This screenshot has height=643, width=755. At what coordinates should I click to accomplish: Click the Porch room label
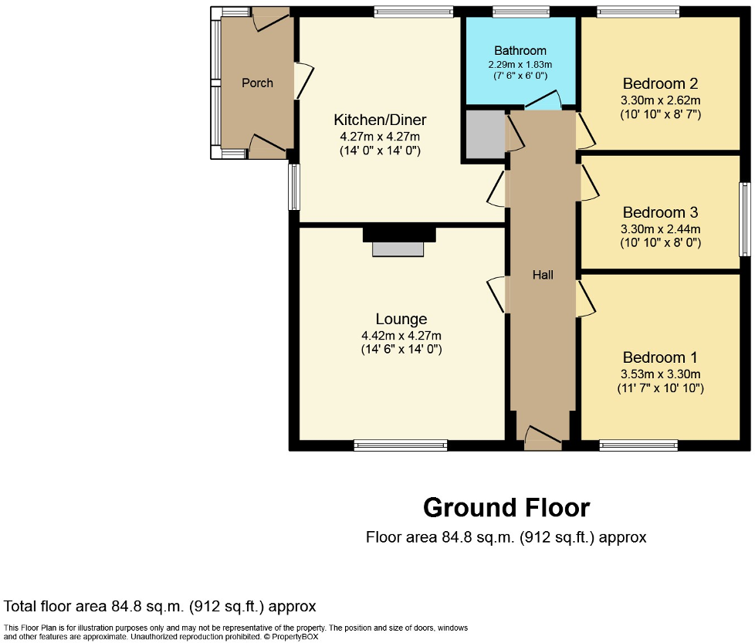(x=257, y=83)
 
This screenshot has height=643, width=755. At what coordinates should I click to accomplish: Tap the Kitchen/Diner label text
(x=379, y=120)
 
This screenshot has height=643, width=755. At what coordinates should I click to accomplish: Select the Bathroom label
(x=520, y=51)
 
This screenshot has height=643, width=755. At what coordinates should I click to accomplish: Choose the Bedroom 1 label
(x=660, y=357)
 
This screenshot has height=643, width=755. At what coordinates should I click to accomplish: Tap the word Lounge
(x=401, y=319)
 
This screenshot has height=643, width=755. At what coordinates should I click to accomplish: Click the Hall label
(x=543, y=274)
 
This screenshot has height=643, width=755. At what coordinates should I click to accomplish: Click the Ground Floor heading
(x=506, y=507)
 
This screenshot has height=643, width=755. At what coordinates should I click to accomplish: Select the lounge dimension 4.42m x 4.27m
(x=401, y=336)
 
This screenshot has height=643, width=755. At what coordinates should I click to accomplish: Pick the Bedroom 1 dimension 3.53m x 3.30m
(x=660, y=374)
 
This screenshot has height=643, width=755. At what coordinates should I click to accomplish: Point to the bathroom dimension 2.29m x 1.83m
(x=520, y=65)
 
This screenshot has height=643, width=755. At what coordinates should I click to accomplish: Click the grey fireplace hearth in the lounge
(x=398, y=249)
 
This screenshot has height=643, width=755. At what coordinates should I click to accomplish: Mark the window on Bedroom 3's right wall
(x=744, y=218)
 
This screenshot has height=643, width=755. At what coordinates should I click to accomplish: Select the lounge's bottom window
(x=401, y=445)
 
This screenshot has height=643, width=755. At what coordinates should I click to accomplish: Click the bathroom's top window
(x=521, y=12)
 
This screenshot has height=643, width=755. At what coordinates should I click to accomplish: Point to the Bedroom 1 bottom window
(x=638, y=445)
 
